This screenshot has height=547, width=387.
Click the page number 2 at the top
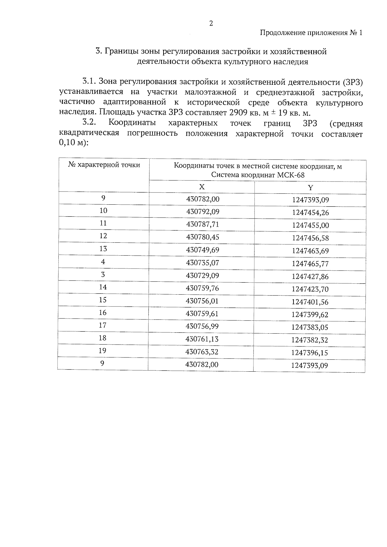point(211,23)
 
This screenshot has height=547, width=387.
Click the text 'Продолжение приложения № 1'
point(311,33)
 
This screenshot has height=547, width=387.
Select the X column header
point(202,187)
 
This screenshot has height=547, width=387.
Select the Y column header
point(310,188)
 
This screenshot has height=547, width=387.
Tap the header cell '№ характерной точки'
point(104,165)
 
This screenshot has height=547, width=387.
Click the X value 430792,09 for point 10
point(203,212)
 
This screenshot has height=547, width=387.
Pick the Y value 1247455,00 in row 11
point(310,225)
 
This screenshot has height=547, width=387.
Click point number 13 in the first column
point(103,249)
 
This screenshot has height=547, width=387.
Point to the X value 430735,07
point(203,263)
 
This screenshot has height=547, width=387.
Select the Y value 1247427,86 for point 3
point(310,277)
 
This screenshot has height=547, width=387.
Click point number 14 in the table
point(103,287)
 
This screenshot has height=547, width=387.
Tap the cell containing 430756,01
point(202,301)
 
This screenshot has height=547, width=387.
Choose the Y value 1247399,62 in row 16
point(310,315)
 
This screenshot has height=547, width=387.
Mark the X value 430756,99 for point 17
point(202,326)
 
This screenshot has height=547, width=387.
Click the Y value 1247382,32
point(310,340)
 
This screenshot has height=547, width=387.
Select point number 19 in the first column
point(103,350)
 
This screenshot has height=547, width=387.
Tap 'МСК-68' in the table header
point(292,175)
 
